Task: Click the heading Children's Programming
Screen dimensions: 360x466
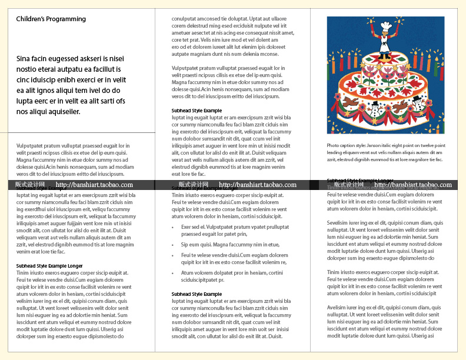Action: (x=51, y=19)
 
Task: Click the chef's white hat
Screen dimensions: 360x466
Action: (x=385, y=26)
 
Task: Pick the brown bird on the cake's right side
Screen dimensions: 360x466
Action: (x=401, y=108)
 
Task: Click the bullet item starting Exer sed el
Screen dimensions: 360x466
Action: (x=226, y=226)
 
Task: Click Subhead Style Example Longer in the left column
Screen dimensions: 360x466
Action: (x=49, y=266)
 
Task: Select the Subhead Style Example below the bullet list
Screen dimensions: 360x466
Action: (x=197, y=294)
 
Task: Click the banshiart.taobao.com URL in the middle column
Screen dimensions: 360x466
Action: (x=258, y=185)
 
